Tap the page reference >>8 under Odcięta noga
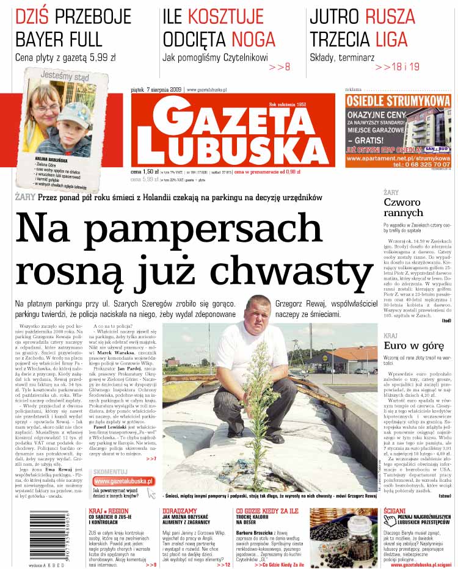[x=279, y=67]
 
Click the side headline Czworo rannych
[x=403, y=208]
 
